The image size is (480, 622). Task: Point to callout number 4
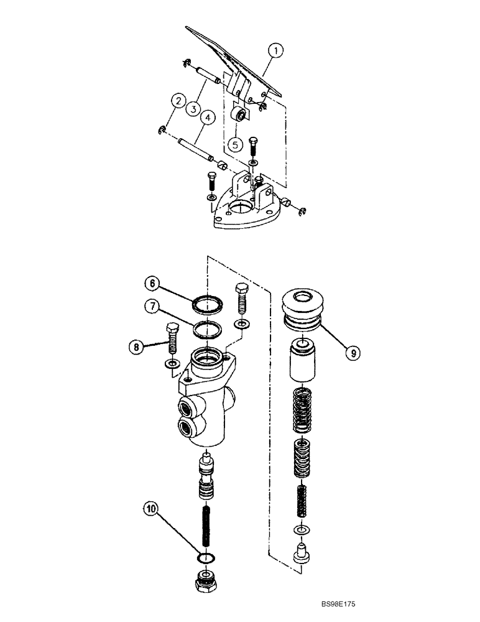pyautogui.click(x=208, y=117)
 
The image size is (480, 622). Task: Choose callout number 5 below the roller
pyautogui.click(x=235, y=144)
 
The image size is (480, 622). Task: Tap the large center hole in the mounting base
pyautogui.click(x=240, y=208)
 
